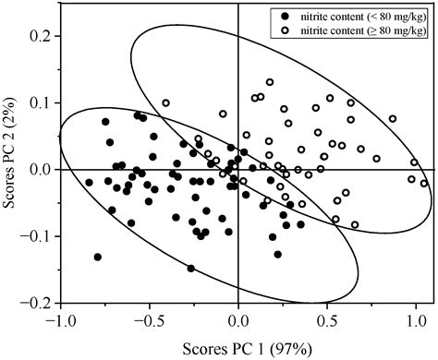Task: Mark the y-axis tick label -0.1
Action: (x=37, y=236)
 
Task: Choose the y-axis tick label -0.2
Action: (x=37, y=303)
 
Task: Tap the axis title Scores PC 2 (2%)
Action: (x=13, y=170)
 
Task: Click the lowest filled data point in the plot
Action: (x=191, y=269)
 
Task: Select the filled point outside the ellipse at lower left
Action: (x=98, y=257)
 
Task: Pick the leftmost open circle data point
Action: (x=166, y=103)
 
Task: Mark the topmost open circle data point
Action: (x=270, y=81)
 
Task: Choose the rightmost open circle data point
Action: (x=424, y=184)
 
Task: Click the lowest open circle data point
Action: (x=355, y=224)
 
